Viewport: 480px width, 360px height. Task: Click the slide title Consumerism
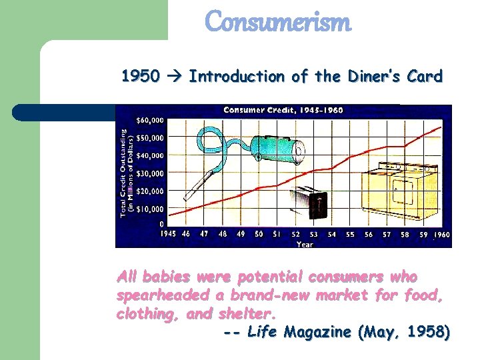[277, 21]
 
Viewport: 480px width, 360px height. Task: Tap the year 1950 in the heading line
[140, 77]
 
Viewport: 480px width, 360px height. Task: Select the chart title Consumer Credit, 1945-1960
[283, 110]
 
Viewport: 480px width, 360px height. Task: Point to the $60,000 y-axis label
[150, 121]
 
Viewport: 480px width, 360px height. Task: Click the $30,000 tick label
[150, 173]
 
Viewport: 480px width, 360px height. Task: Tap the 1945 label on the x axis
[168, 235]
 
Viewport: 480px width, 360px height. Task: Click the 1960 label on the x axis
[442, 235]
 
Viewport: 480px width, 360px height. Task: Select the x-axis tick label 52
[295, 235]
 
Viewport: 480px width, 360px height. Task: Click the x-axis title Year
[305, 244]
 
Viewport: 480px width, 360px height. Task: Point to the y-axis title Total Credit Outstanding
[124, 172]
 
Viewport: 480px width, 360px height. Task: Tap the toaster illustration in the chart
[311, 203]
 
